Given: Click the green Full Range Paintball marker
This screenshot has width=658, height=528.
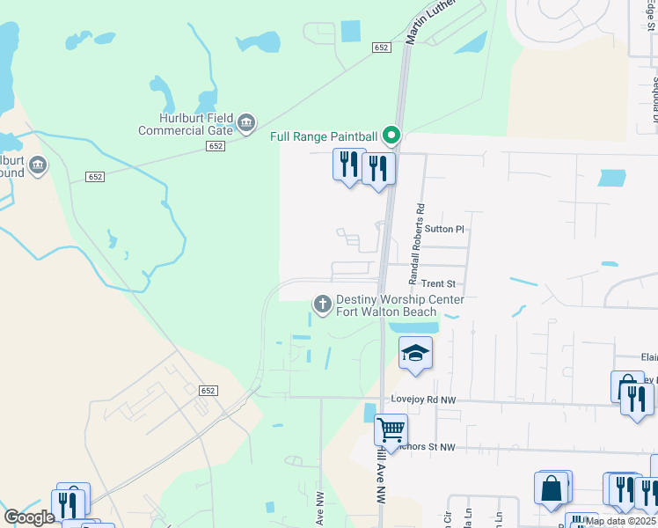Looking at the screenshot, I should point(392,136).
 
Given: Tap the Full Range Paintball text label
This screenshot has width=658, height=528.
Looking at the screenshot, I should point(324,136).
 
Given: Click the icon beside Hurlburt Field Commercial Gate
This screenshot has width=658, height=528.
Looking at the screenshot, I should point(246,122).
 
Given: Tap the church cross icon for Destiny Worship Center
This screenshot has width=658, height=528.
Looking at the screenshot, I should point(323,304).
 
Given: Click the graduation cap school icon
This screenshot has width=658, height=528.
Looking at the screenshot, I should point(415,354).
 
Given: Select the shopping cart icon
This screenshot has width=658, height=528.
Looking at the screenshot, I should point(391,430).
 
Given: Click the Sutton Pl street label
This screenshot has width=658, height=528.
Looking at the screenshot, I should point(443,229).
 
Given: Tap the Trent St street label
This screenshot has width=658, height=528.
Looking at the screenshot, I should point(437,284).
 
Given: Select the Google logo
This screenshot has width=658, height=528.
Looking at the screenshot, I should point(29,517).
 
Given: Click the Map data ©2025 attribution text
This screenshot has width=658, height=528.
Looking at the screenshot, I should point(620,521).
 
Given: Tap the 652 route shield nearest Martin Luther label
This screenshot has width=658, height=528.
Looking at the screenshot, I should point(380,47).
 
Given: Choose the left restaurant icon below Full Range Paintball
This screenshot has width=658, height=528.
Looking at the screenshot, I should point(348,164).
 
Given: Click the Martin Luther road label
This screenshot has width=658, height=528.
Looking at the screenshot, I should point(432,25).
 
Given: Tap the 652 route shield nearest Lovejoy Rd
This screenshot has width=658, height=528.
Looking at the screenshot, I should point(208,390).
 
